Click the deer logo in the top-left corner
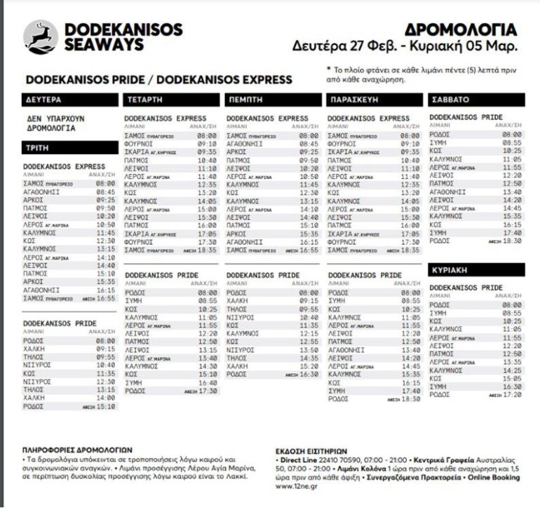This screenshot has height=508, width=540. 40,36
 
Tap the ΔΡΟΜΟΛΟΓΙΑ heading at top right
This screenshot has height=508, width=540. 461,29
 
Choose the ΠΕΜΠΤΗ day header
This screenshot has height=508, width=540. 245,100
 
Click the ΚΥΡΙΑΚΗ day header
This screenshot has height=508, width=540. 452,269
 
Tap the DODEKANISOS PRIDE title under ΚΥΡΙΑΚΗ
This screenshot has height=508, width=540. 466,288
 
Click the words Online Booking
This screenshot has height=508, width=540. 493,478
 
